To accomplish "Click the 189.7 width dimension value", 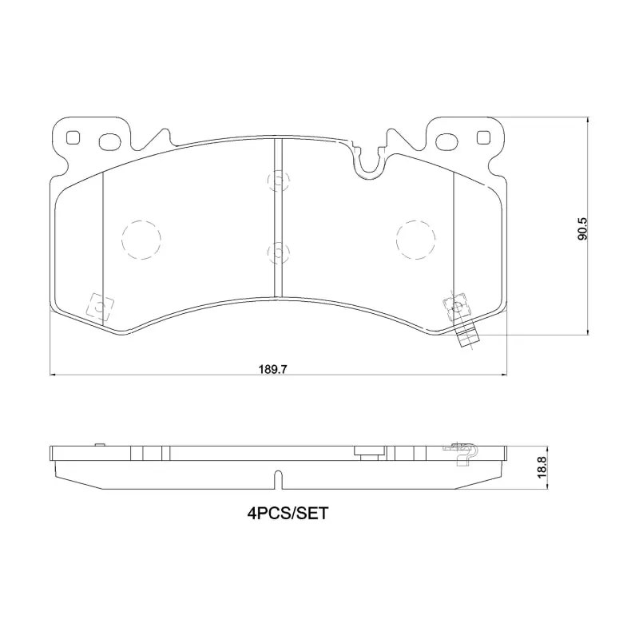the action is [273, 369].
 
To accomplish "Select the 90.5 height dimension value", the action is [582, 228].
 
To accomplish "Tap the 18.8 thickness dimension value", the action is [542, 467].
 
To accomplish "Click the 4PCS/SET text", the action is [288, 513].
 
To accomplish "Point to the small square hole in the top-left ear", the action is [73, 137].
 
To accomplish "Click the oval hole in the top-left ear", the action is [110, 141].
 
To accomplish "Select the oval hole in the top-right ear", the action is [447, 141].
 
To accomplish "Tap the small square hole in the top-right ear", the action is [483, 137].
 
